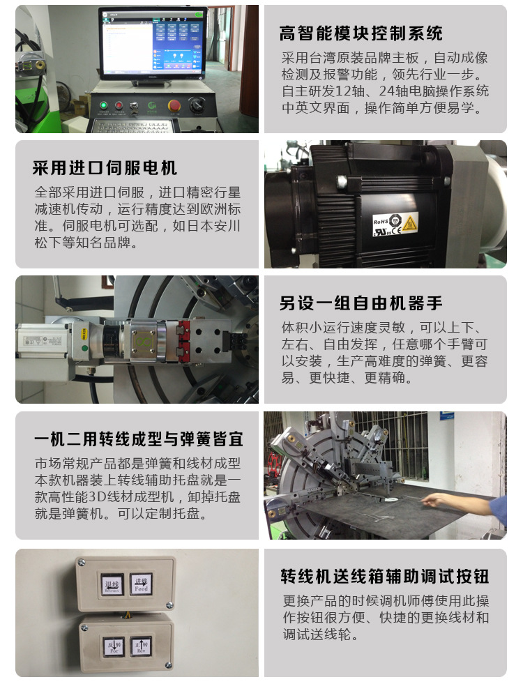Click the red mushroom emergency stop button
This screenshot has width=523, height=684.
pos(174,105)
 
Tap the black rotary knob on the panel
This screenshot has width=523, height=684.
pos(197,105)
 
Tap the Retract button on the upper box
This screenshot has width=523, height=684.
pos(112,584)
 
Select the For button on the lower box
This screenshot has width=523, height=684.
pos(114,646)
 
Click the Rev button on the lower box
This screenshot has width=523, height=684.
pos(141,646)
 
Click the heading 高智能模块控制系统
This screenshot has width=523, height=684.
pos(361,33)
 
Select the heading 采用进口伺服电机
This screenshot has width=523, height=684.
pos(105,168)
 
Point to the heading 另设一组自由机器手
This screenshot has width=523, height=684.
pos(361,303)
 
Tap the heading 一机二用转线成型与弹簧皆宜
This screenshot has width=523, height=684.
pos(139,439)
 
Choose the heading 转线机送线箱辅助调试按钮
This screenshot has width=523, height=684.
pos(385,576)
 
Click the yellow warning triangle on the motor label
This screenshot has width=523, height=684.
pos(409,223)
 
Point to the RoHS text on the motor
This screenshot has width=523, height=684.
pos(380,221)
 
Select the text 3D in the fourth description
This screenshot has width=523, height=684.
pos(94,497)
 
